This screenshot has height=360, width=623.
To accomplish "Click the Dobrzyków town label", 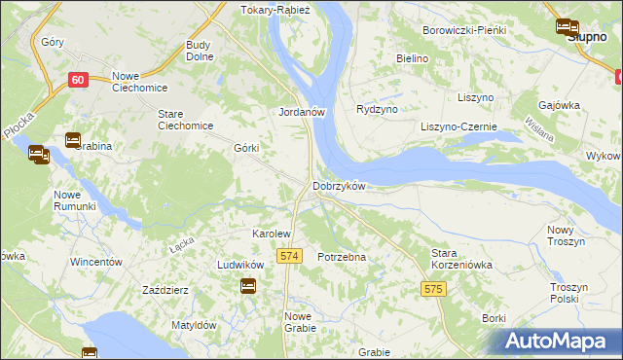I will coord(338,185).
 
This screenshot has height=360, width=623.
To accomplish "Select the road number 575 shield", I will coord(434,289).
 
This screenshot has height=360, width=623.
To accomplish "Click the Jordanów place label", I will coord(301,112).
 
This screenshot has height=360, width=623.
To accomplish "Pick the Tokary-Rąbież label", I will coord(275,11).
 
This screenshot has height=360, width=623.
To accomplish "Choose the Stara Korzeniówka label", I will coord(461,258).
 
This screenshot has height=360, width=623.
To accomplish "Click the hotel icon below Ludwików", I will coord(248,286).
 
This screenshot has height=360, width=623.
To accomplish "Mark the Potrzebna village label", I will coord(342,257).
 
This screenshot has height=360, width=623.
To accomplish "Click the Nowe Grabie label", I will coord(300,322).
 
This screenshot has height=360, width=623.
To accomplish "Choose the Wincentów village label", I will coord(95,263).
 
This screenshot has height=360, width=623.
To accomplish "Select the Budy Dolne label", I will coord(200,51).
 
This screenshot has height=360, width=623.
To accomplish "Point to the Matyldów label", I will coord(193,325).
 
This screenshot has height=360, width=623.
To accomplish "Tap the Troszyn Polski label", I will coord(571,294).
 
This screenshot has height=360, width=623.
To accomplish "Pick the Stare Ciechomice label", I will coord(185,120).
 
